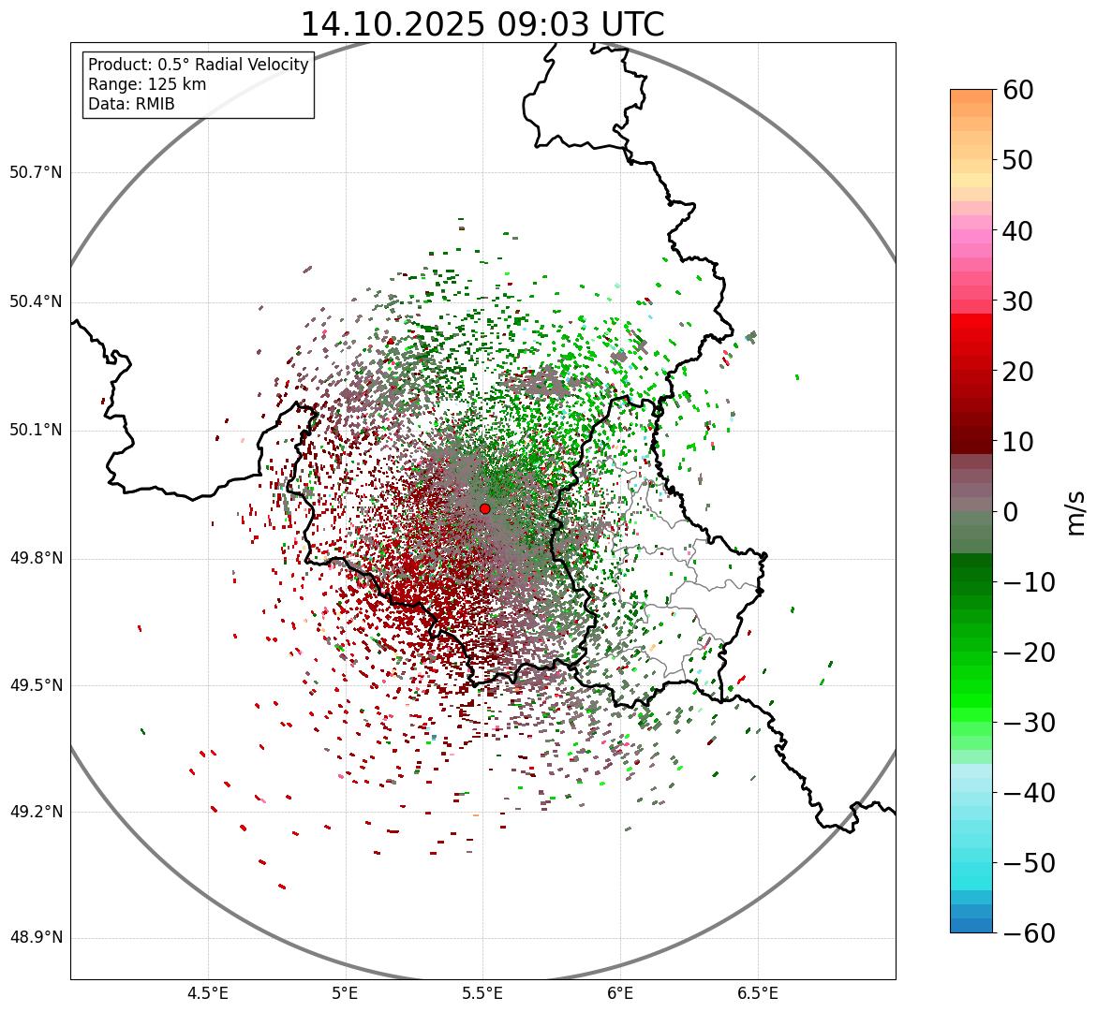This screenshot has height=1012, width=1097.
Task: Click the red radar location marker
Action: (485, 508)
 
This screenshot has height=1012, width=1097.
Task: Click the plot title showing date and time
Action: (482, 24)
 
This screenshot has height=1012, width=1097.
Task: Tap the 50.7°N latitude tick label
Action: (36, 173)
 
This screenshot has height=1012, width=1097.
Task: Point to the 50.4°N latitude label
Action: (36, 302)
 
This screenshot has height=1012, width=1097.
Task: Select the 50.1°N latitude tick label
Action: (36, 431)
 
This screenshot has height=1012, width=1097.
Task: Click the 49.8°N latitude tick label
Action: (36, 559)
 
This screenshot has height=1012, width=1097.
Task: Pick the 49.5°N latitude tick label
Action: (36, 686)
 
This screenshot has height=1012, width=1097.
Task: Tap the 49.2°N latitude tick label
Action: (36, 812)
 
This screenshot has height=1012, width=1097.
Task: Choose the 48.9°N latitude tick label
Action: (36, 938)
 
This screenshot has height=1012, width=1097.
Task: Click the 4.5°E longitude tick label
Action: (208, 993)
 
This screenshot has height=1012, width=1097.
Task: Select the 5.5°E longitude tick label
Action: (482, 993)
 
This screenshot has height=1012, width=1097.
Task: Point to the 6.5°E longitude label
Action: (757, 993)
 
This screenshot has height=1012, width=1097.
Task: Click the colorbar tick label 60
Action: (1030, 90)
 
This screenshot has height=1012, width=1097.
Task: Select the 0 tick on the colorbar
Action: (1011, 512)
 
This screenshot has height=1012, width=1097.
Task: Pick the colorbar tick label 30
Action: (1030, 301)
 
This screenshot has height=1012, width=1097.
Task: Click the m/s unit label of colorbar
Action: (1076, 512)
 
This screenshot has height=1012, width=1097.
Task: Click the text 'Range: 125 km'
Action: (147, 84)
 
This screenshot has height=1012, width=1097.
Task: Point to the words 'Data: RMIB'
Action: (131, 104)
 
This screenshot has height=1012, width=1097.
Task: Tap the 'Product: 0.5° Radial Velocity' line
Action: (198, 65)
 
